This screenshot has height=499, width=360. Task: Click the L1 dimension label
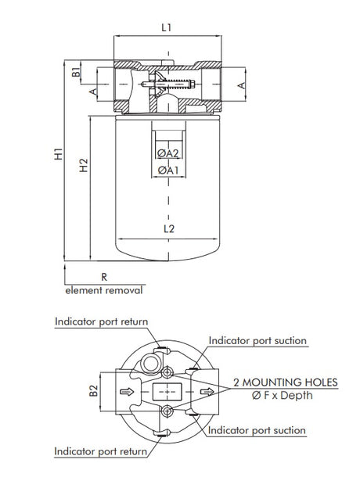(166, 27)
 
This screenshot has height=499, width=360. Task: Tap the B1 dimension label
(76, 74)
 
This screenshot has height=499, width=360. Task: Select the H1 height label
(58, 156)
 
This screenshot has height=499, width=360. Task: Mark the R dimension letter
(104, 277)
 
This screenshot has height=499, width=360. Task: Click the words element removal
(104, 290)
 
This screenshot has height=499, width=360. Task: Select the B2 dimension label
(94, 390)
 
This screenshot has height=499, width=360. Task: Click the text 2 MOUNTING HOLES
(286, 382)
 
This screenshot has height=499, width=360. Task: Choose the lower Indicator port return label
(103, 451)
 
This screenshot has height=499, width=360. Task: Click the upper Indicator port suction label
(257, 341)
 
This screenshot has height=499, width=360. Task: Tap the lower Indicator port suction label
(257, 430)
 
